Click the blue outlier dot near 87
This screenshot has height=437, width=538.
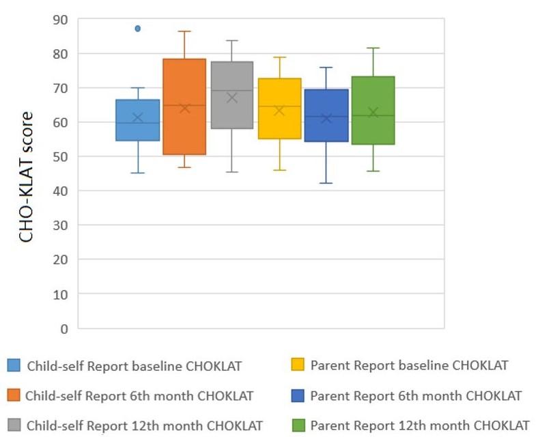click(137, 29)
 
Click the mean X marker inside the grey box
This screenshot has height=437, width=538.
click(231, 98)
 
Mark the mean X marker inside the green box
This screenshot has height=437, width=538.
click(373, 113)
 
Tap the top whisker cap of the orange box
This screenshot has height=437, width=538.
click(184, 31)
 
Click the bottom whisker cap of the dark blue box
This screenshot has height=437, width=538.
click(326, 183)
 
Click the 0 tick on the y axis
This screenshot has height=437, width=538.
click(63, 328)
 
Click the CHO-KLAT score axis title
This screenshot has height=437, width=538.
click(26, 178)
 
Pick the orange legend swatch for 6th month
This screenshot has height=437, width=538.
click(13, 396)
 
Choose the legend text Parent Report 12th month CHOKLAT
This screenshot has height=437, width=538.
click(419, 426)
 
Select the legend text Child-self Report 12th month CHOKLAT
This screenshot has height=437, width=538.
click(144, 426)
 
